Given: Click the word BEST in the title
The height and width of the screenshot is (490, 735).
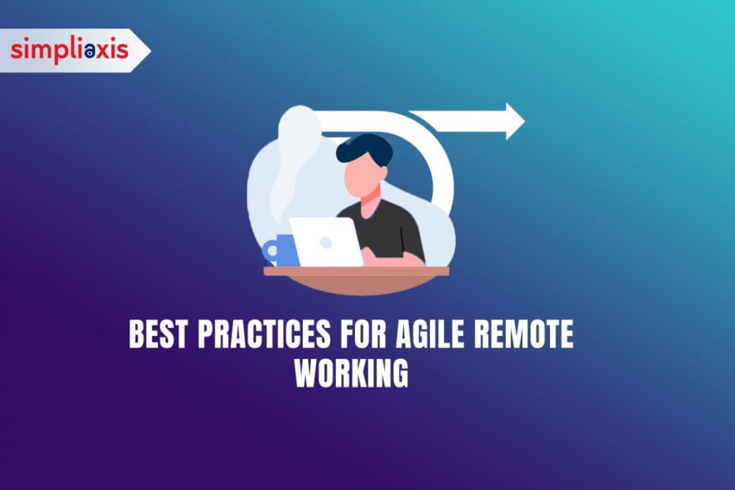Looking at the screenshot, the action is click(x=159, y=334).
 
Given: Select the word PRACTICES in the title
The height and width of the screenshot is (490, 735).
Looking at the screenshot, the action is click(x=265, y=334).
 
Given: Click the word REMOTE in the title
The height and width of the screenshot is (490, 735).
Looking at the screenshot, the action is click(x=524, y=334).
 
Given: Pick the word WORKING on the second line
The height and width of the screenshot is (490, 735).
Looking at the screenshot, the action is click(x=352, y=373).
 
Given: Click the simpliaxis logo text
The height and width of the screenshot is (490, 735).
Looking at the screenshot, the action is click(x=70, y=50).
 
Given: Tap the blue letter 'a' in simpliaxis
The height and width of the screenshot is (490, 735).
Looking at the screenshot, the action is click(x=90, y=51).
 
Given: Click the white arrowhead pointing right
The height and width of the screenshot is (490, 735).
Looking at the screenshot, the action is click(x=515, y=122).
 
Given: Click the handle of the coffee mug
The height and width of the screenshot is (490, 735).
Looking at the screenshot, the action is click(x=269, y=251).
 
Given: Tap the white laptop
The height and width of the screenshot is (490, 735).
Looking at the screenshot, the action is click(x=326, y=242).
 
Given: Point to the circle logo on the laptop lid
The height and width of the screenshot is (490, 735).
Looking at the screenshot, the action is click(x=326, y=243).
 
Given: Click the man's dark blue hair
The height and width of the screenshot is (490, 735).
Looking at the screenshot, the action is click(x=364, y=149).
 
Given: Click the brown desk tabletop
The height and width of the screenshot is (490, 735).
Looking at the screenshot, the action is click(x=356, y=271).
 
